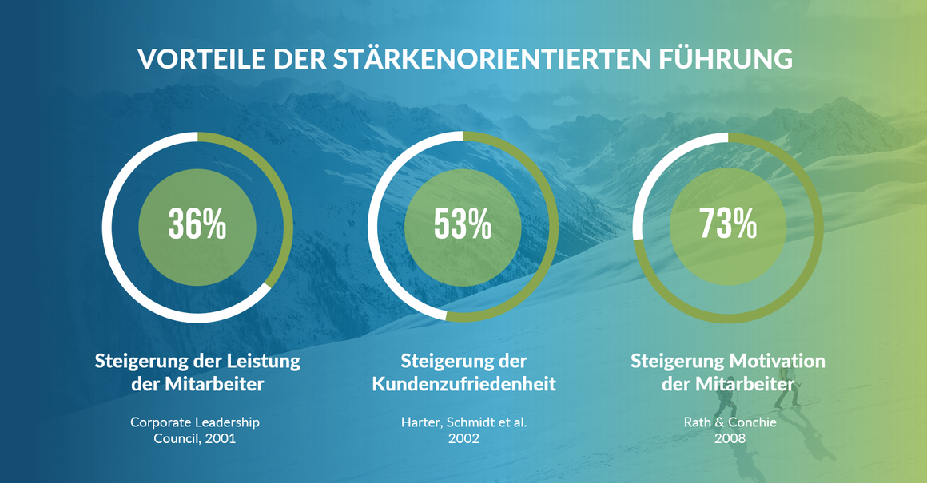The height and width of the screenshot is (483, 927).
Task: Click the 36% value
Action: [x=197, y=224]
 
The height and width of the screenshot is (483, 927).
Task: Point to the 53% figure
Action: [x=463, y=224]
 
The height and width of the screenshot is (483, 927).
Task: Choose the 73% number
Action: [x=728, y=224]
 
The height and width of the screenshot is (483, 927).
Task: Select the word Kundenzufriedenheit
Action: [x=464, y=384]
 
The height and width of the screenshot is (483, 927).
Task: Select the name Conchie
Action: [x=752, y=422]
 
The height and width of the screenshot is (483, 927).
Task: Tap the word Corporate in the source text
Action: [x=161, y=422]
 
